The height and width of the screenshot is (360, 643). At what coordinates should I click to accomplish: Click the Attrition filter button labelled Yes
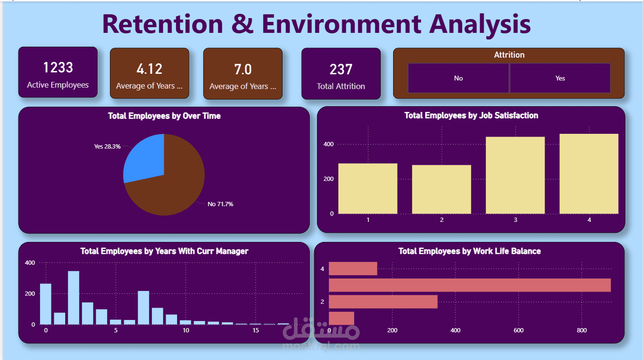pos(560,78)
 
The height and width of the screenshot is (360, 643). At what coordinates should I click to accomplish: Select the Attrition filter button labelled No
pos(458,78)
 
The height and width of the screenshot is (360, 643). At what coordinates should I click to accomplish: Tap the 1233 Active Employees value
pos(58,68)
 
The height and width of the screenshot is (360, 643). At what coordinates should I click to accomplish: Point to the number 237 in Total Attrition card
pos(341,70)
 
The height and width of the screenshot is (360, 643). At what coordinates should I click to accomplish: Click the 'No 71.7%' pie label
pos(220,204)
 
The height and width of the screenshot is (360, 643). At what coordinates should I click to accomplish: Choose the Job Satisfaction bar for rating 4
pos(589,174)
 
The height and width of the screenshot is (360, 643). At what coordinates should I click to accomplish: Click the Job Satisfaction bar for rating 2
pos(441,190)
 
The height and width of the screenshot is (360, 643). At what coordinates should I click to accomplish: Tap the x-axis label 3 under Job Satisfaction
pos(515,220)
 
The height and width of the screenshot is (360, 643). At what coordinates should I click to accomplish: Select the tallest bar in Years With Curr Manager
pos(73,298)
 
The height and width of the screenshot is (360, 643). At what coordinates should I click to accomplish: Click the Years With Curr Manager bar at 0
pos(46,304)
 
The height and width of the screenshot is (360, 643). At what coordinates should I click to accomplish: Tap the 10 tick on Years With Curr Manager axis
pos(186,330)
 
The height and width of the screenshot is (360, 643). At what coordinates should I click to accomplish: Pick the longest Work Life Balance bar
pos(469,285)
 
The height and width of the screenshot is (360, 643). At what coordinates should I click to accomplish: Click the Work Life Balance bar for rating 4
pos(353,269)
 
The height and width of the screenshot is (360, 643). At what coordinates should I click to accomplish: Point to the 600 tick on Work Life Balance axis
pos(518,330)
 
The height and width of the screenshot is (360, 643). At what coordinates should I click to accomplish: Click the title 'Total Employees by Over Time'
pos(164,116)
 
